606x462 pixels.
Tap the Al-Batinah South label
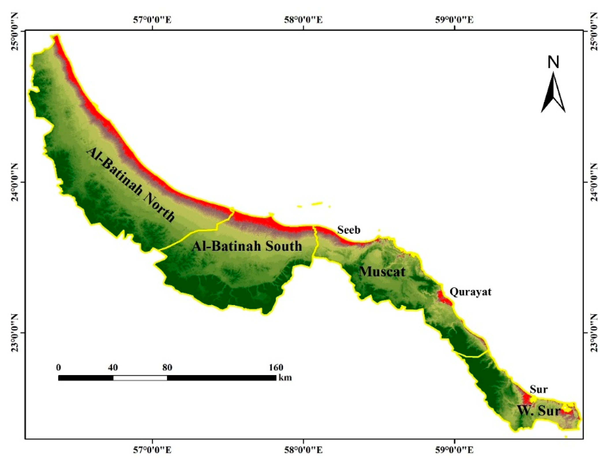[247, 246]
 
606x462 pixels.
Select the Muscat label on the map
[382, 272]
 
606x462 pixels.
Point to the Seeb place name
[349, 230]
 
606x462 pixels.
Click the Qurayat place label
[470, 292]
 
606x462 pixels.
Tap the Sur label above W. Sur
[539, 390]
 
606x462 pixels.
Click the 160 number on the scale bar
[276, 367]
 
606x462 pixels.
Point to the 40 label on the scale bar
[113, 367]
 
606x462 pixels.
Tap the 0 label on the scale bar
[58, 367]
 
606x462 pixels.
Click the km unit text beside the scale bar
[285, 377]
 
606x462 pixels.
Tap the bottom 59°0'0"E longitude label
[454, 450]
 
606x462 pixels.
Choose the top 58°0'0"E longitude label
[303, 20]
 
